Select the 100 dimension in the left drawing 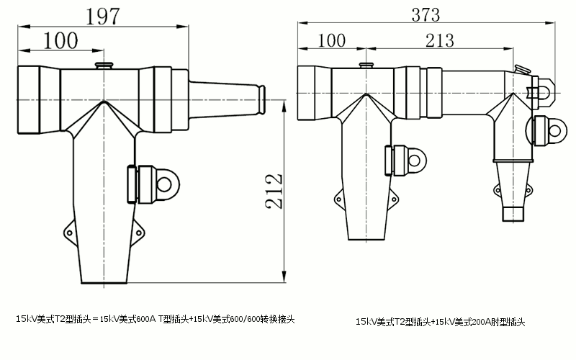[61, 40]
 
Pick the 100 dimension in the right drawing [331, 40]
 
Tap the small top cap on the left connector [105, 66]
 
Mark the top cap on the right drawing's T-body [367, 66]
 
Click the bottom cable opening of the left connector [105, 281]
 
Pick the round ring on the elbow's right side [552, 130]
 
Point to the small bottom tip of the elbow [513, 215]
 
